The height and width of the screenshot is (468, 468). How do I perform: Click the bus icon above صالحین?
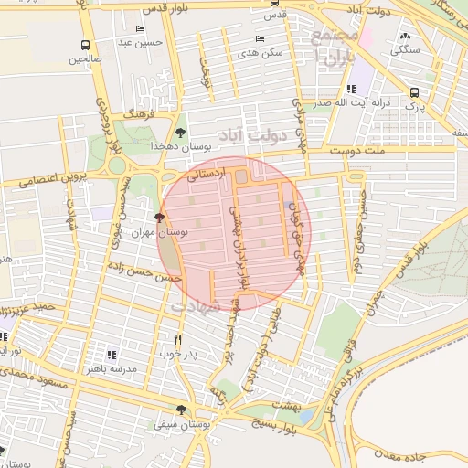pyautogui.click(x=85, y=45)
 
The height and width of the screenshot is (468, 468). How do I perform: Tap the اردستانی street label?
pyautogui.click(x=206, y=173)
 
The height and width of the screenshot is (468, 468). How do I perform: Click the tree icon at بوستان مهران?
pyautogui.click(x=161, y=218)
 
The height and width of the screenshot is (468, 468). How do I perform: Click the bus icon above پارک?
pyautogui.click(x=415, y=92)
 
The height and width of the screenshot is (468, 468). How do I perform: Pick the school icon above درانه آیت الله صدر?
pyautogui.click(x=351, y=90)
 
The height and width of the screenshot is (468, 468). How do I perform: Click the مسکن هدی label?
pyautogui.click(x=260, y=53)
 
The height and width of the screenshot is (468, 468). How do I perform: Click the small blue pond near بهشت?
pyautogui.click(x=305, y=416)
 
